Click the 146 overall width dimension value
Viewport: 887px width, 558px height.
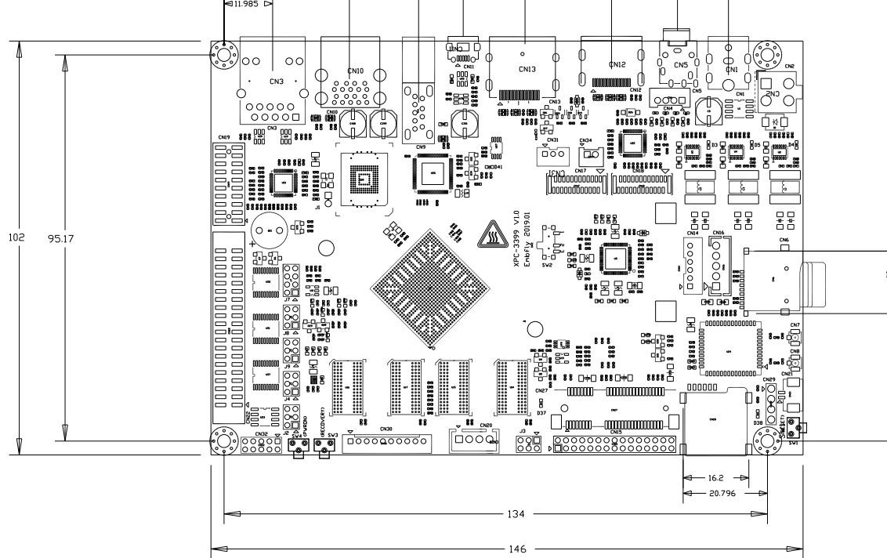[x=517, y=549]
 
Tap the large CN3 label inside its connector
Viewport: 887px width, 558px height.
[x=276, y=81]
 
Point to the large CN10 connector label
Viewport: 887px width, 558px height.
[x=355, y=71]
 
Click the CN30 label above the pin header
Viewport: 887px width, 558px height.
[x=386, y=429]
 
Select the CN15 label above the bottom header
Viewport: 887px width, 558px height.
[x=616, y=431]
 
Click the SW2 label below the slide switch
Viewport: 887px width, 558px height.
[x=548, y=266]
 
